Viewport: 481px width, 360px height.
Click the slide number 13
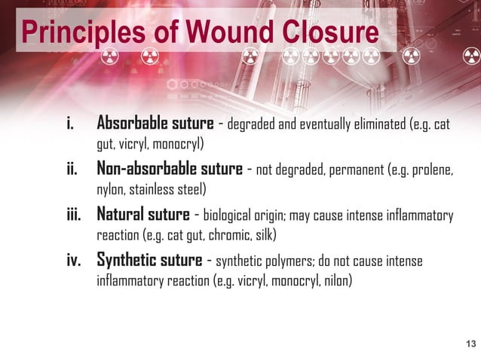471,344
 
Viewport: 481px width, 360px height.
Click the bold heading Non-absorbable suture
170,169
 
